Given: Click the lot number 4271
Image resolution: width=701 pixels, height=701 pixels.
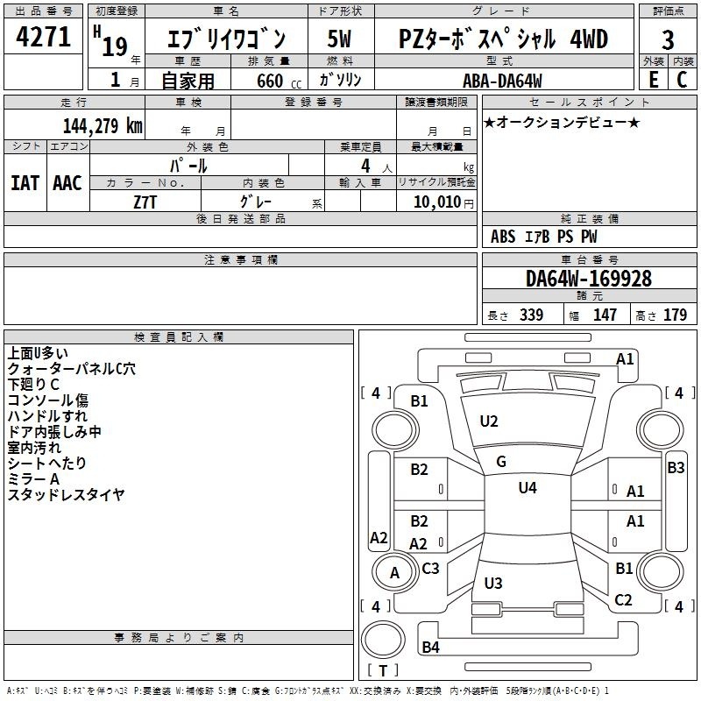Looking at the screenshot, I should tap(43, 39).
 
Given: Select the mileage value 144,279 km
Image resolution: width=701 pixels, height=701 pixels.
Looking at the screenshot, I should tap(103, 125).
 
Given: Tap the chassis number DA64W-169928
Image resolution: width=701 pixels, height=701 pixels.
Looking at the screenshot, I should tap(588, 279).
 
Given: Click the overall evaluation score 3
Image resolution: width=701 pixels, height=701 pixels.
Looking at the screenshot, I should tap(668, 40).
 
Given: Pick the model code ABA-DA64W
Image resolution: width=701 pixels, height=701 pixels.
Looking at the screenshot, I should tap(502, 80).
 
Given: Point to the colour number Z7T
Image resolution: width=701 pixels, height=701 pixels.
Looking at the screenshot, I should tap(145, 201).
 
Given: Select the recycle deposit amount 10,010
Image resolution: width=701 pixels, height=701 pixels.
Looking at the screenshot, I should tap(436, 202).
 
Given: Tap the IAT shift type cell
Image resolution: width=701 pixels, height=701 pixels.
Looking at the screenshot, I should tap(25, 182).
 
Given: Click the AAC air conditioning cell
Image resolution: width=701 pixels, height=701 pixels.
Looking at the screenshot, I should tap(67, 182).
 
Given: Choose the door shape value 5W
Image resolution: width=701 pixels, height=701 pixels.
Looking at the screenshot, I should tap(339, 39).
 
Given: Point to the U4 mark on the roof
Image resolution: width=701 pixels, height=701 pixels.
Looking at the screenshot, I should tap(528, 487).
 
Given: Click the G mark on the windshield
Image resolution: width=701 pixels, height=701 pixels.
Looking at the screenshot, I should tap(500, 461).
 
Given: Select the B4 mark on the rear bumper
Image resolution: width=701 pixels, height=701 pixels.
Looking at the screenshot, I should tap(430, 648).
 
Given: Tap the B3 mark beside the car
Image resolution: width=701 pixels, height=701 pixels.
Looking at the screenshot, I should tap(676, 468).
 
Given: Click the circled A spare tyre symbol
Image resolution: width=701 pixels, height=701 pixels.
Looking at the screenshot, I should tap(394, 573).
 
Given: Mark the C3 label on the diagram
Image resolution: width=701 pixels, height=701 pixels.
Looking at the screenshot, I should tap(430, 568).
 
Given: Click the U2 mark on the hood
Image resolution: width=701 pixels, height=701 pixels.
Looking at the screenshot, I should tap(489, 421).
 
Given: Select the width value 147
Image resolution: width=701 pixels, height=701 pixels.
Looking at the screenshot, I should tap(605, 315).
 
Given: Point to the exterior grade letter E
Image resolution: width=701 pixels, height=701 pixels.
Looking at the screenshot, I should tap(653, 80).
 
